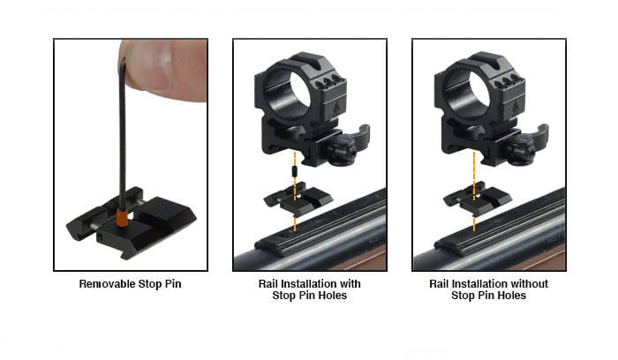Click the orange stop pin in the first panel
122,217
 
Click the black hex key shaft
123,134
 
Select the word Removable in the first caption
107,284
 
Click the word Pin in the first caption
173,284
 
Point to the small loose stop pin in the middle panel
294,172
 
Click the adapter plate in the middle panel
298,199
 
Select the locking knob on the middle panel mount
342,150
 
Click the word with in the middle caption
350,284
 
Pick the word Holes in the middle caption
333,296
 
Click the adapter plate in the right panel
478,199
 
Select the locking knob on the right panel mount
521,150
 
